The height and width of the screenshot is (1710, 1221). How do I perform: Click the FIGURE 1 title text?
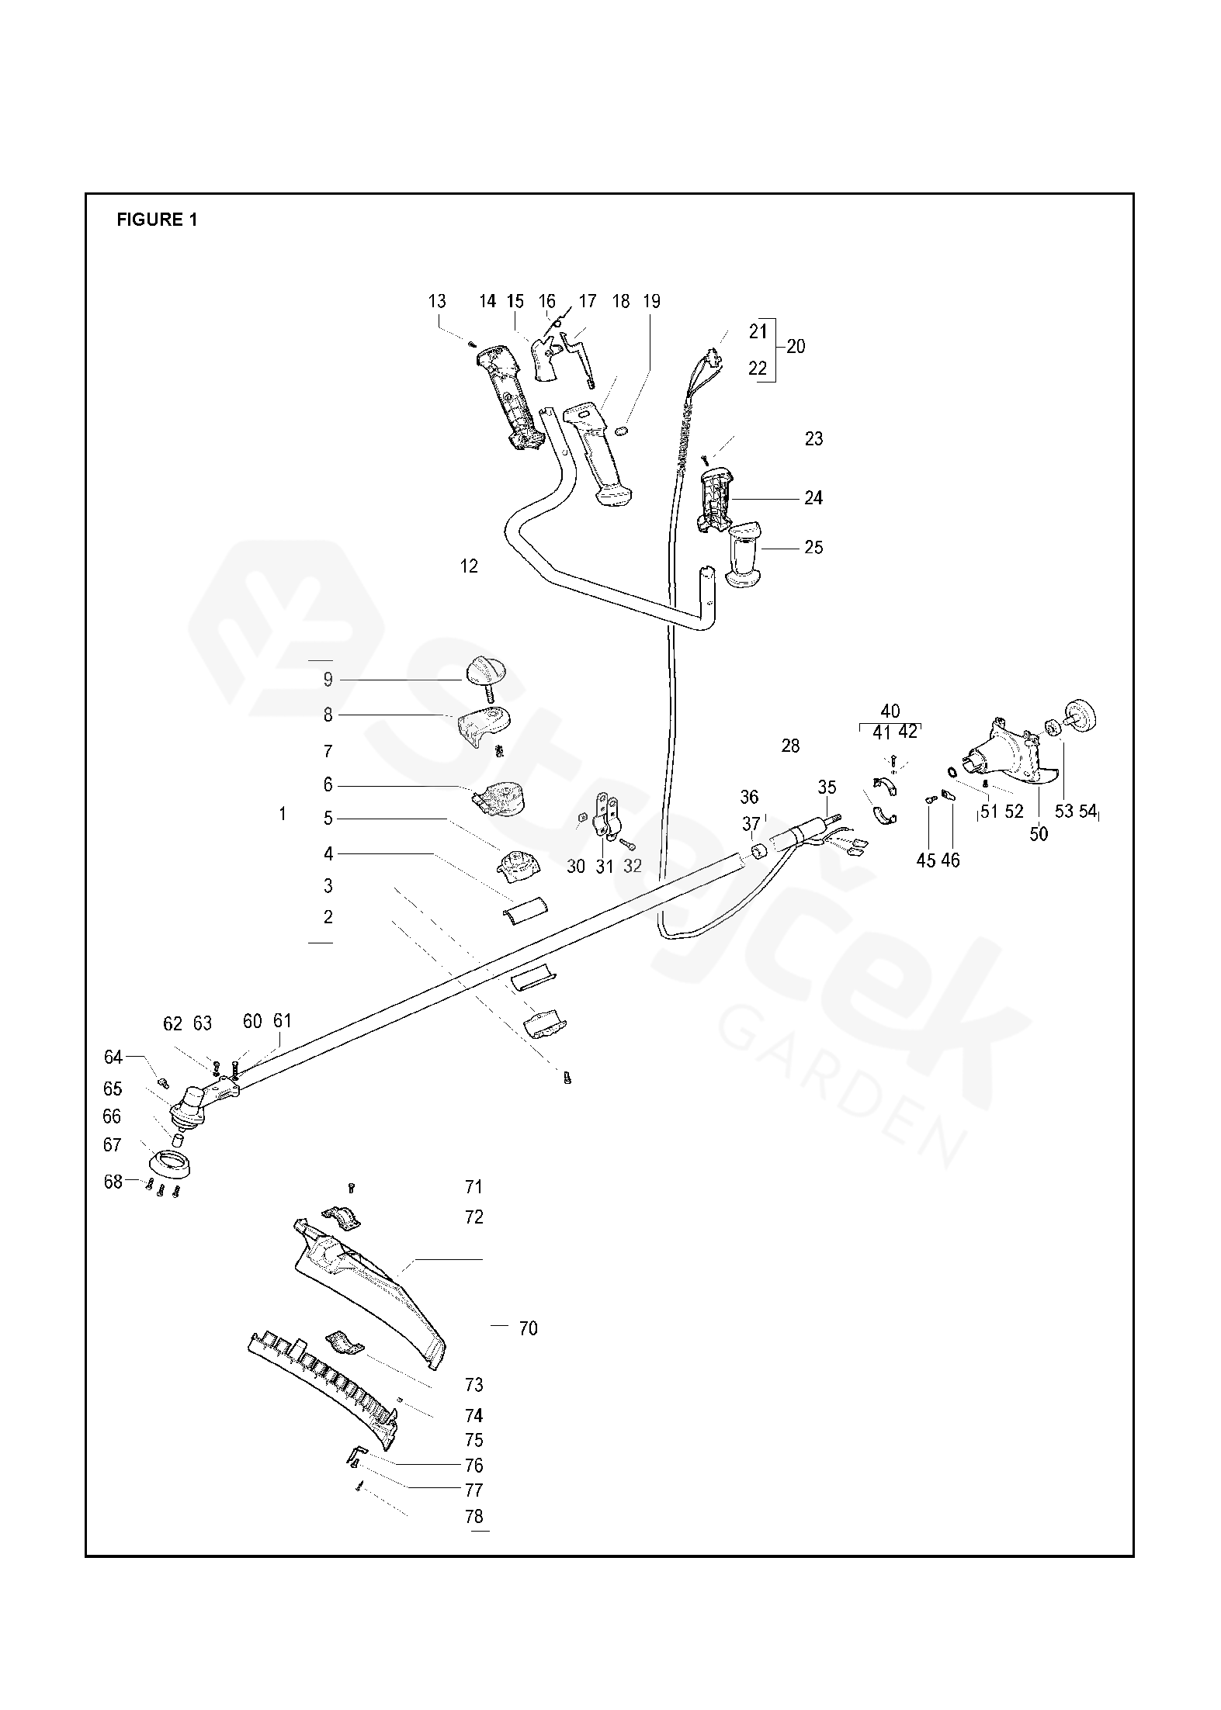(157, 220)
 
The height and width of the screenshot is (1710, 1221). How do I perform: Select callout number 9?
(328, 680)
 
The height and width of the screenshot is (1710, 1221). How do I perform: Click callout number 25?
(813, 548)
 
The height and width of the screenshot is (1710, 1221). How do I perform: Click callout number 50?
(1038, 834)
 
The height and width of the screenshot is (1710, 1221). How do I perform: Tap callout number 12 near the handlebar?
(469, 566)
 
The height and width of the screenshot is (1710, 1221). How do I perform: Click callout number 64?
(113, 1057)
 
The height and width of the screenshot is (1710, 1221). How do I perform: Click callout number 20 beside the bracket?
(796, 347)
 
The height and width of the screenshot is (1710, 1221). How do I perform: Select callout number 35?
(827, 787)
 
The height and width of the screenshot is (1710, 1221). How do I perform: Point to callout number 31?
(605, 867)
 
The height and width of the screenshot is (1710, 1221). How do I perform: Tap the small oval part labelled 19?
(621, 431)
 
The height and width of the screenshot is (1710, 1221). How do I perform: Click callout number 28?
(790, 746)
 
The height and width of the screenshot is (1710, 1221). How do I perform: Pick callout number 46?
(949, 860)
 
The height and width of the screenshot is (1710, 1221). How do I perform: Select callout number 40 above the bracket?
(890, 711)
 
